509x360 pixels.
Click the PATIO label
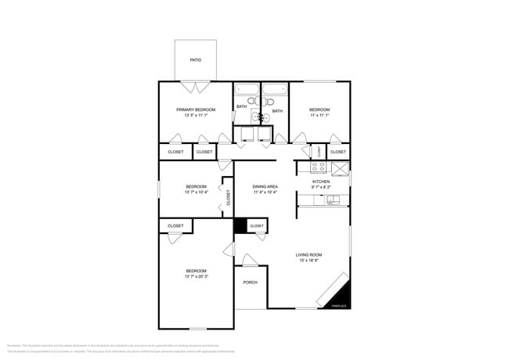point(196,59)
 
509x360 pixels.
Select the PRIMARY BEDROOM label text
point(196,110)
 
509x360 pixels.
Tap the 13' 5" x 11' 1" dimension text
point(196,115)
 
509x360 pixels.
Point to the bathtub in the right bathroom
point(274,90)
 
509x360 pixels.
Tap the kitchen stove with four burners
point(319,167)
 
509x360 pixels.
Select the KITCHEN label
point(321,182)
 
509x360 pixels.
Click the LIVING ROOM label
point(309,255)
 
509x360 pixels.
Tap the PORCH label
point(250,283)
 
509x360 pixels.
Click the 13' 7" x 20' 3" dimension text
point(196,276)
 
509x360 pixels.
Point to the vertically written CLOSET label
point(228,197)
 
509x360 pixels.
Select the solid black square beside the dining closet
point(240,225)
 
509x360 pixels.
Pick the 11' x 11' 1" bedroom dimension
point(319,115)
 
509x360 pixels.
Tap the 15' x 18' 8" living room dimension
point(309,261)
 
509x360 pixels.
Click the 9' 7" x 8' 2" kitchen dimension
point(321,187)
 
